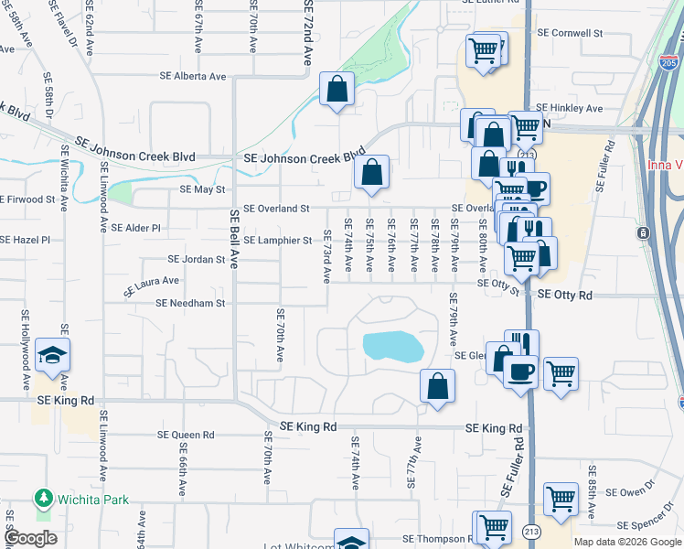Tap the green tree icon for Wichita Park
click(42, 498)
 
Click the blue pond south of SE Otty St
click(393, 347)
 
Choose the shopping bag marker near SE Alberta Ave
click(337, 89)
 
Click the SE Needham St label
click(190, 303)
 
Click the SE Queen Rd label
click(186, 436)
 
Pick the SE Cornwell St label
click(570, 33)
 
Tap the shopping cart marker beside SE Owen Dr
click(560, 499)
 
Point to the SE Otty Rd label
click(565, 296)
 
